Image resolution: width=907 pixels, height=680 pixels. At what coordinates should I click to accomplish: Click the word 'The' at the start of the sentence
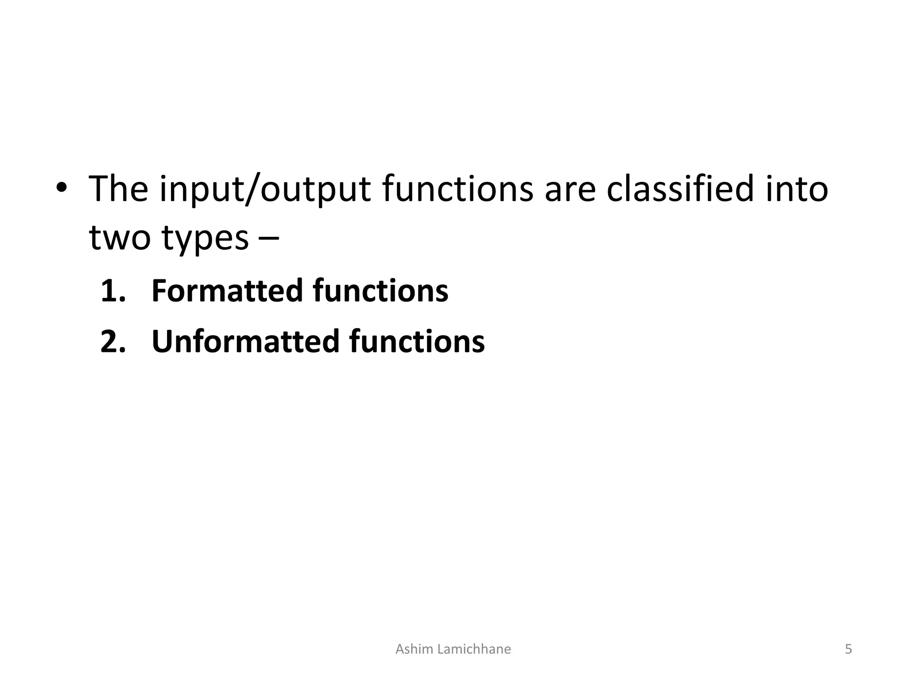pos(118,189)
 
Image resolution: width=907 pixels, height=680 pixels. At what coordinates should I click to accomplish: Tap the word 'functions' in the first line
pos(457,189)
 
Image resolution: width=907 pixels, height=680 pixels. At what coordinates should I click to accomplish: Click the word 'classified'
pos(680,189)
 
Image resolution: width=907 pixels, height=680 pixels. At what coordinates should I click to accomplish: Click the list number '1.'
pos(113,291)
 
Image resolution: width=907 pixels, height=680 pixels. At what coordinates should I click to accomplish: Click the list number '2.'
pos(113,342)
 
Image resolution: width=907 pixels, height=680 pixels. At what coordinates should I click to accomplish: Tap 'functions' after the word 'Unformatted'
pos(417,342)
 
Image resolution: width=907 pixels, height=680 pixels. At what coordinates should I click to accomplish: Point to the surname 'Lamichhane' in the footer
pos(473,649)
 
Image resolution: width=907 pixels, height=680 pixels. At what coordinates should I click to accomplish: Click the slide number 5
pos(848,649)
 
